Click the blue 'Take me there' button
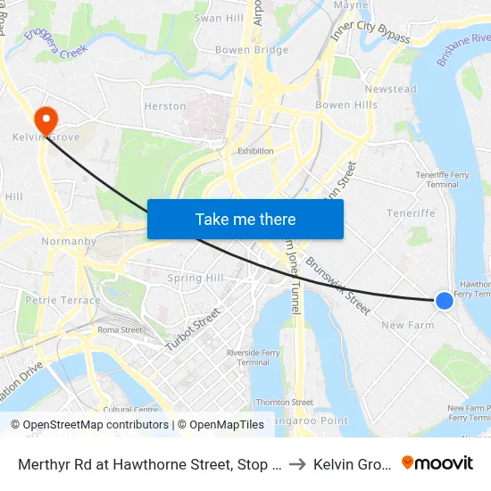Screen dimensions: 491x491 click(x=245, y=219)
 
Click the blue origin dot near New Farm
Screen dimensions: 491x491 click(x=444, y=301)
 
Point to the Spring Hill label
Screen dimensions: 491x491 click(x=196, y=278)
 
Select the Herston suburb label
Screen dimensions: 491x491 click(x=165, y=106)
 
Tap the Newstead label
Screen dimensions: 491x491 click(x=390, y=89)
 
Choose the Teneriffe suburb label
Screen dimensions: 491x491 click(x=410, y=213)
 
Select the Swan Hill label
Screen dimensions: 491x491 click(x=219, y=18)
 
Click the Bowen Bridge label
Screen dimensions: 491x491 click(x=252, y=50)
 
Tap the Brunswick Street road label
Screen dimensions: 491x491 click(x=338, y=286)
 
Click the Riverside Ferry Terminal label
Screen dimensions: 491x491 click(x=254, y=357)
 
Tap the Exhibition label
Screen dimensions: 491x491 click(x=255, y=151)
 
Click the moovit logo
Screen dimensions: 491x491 click(x=437, y=462)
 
